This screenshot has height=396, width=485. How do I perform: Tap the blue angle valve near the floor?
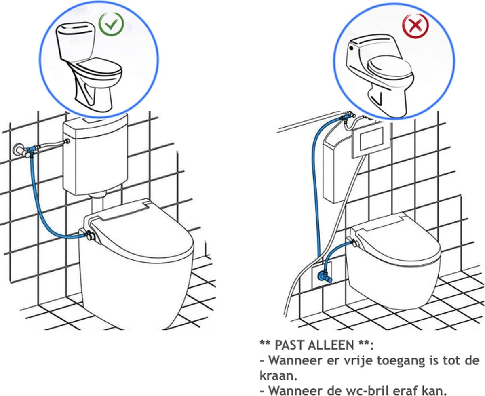pos(324,277)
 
